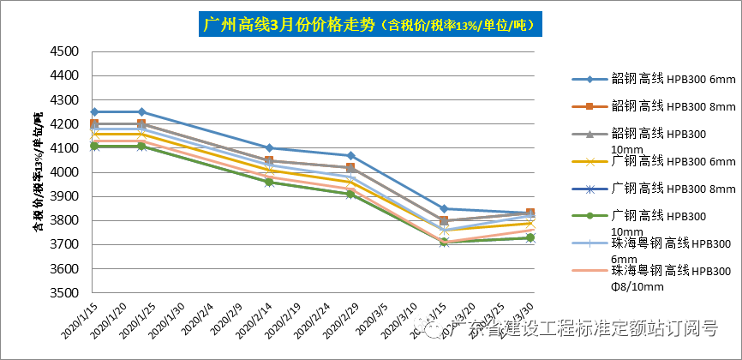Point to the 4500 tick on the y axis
pyautogui.click(x=65, y=51)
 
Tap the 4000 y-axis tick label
pyautogui.click(x=65, y=172)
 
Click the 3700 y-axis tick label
pyautogui.click(x=65, y=244)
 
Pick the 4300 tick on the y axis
pyautogui.click(x=65, y=99)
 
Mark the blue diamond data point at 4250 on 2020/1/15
pyautogui.click(x=94, y=111)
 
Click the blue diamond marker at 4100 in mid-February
pyautogui.click(x=269, y=147)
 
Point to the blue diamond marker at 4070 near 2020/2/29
pyautogui.click(x=350, y=155)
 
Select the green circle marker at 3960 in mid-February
pyautogui.click(x=269, y=182)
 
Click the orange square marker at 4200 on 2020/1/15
pyautogui.click(x=94, y=124)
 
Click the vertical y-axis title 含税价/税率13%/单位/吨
pyautogui.click(x=38, y=172)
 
